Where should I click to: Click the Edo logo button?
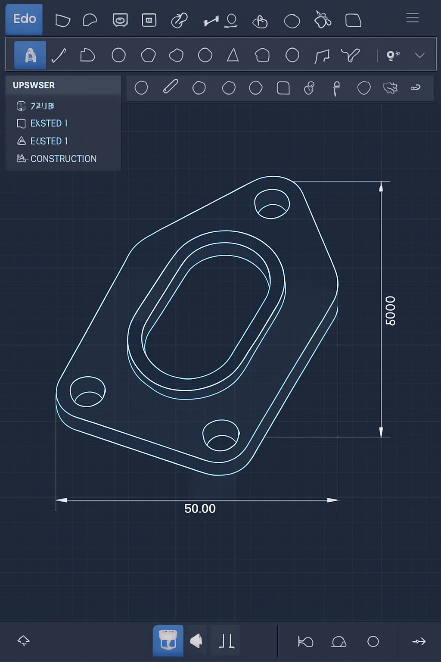click(24, 19)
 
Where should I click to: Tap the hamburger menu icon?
click(412, 18)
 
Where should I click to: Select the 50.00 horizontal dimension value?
click(200, 509)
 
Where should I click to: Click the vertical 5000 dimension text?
click(390, 311)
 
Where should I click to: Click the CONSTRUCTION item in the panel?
click(63, 159)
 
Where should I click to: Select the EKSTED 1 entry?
click(49, 123)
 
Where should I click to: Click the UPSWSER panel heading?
click(34, 85)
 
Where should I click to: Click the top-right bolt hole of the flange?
click(272, 204)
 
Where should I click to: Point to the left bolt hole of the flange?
click(87, 391)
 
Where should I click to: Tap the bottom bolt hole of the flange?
click(221, 435)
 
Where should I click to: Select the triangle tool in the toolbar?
click(233, 55)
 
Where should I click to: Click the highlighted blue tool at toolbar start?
click(30, 55)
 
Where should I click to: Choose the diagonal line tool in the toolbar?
click(59, 55)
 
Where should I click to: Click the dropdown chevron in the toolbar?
click(419, 55)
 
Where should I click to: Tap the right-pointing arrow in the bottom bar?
click(419, 641)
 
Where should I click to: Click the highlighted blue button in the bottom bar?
click(168, 640)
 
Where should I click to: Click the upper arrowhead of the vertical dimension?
click(381, 187)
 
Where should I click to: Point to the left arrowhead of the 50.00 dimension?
click(62, 500)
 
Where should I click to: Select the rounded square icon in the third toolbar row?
click(283, 88)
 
